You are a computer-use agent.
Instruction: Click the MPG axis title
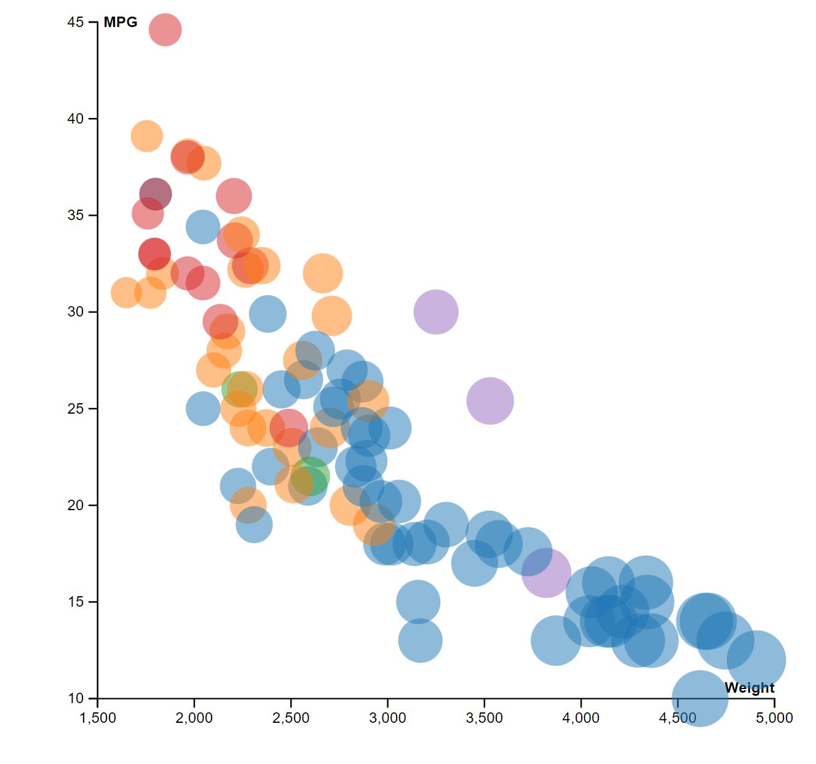(x=121, y=23)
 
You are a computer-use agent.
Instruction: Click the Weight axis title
(x=749, y=688)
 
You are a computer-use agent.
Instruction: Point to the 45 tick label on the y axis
(x=75, y=23)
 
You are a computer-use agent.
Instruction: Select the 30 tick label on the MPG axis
(x=75, y=312)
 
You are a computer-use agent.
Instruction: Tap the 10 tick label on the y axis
(x=75, y=698)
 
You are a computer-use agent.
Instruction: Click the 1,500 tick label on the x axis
(x=98, y=718)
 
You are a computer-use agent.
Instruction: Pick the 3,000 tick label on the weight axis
(x=387, y=718)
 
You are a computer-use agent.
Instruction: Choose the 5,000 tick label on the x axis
(x=774, y=718)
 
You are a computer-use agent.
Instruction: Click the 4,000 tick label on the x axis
(x=581, y=718)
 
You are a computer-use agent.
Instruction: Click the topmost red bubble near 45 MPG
(x=165, y=30)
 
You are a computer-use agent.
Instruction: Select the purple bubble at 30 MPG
(x=436, y=312)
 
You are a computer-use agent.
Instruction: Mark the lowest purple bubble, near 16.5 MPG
(x=546, y=573)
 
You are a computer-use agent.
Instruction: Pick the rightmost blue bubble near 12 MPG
(x=756, y=660)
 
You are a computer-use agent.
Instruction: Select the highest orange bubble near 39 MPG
(x=146, y=136)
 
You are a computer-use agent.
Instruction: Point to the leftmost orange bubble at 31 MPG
(x=126, y=293)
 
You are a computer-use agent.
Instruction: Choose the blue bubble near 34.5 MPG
(x=203, y=227)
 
